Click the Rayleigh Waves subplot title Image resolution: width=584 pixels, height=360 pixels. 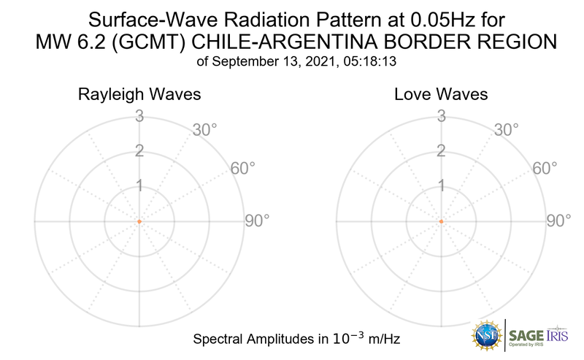[x=139, y=95]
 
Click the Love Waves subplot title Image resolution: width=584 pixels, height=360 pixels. [x=441, y=95]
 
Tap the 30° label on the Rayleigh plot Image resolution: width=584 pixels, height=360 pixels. [x=204, y=130]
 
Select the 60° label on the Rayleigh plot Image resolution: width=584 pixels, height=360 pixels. [x=243, y=168]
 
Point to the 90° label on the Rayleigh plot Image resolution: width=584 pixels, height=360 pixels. [x=257, y=221]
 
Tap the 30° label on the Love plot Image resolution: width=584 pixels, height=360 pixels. [x=507, y=130]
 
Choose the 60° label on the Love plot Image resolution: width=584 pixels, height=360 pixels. [x=545, y=168]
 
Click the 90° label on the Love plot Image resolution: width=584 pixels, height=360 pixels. [x=559, y=221]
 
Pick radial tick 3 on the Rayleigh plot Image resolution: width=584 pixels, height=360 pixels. [x=139, y=115]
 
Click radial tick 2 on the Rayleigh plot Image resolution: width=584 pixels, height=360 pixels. [x=139, y=151]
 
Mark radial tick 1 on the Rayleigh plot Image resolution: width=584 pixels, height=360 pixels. [x=139, y=186]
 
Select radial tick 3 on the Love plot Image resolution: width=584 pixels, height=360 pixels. [x=441, y=115]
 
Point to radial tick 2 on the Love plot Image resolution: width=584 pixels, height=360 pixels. [x=441, y=151]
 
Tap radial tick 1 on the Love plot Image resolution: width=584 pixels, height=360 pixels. [x=441, y=186]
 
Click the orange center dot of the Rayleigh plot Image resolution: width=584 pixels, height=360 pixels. [x=139, y=221]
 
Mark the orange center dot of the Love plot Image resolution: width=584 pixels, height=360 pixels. [x=441, y=221]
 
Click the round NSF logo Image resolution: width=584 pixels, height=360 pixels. [x=487, y=334]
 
